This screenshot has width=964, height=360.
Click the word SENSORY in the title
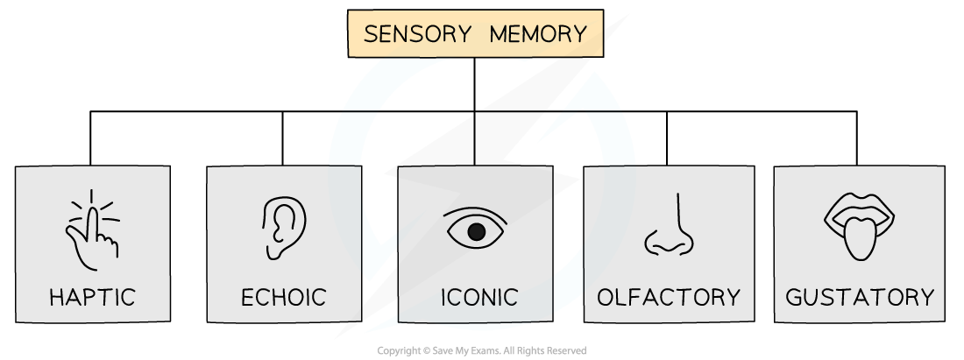(x=418, y=34)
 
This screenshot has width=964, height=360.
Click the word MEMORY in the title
(x=538, y=34)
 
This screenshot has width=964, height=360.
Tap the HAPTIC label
(x=93, y=297)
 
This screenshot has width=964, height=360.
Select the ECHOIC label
(x=283, y=297)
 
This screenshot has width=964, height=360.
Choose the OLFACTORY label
(x=669, y=297)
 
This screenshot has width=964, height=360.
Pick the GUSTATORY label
(x=860, y=297)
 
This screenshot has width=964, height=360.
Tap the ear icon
(x=284, y=227)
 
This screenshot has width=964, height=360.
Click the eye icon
(x=476, y=229)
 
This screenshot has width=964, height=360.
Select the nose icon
(x=670, y=226)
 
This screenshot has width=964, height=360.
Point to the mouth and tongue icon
(x=859, y=226)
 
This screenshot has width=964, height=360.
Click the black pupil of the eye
(x=476, y=232)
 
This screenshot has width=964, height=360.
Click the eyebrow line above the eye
(x=476, y=210)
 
